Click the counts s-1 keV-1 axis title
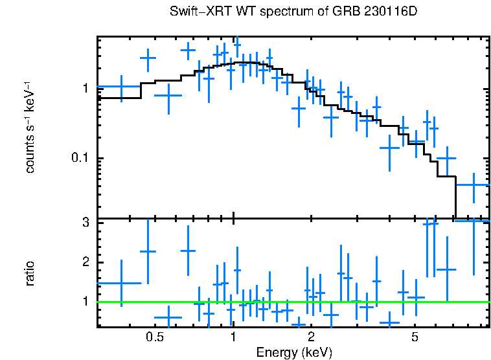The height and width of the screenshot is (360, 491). [x=29, y=127]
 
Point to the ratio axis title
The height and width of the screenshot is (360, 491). [x=29, y=273]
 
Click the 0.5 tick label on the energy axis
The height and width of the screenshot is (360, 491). [x=154, y=337]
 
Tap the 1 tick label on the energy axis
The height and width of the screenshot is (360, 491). [x=233, y=337]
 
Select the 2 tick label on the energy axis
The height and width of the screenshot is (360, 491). [x=311, y=337]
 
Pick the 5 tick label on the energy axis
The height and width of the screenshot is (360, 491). [x=415, y=337]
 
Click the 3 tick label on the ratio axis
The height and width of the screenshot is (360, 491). [x=85, y=223]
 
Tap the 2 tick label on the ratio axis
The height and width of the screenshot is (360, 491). [x=85, y=262]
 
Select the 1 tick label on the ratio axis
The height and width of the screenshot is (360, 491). [x=85, y=302]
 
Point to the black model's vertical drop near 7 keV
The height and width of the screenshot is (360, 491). [x=456, y=197]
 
